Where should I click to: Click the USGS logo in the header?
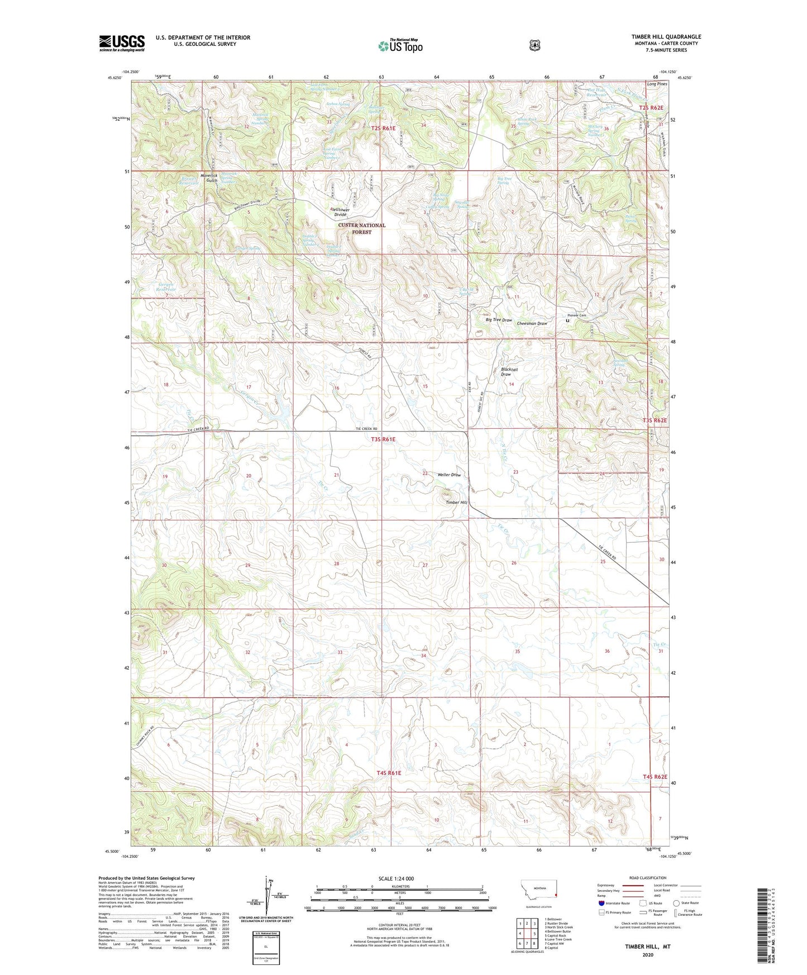[122, 43]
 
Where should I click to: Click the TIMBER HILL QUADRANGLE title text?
[666, 37]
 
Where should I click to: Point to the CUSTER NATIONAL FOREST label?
[361, 228]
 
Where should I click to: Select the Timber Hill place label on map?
[456, 502]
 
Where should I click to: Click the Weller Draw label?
[449, 475]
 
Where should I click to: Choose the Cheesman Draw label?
[532, 323]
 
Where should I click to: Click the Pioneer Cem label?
[577, 316]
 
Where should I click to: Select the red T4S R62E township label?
[655, 777]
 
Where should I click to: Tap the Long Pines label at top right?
[657, 84]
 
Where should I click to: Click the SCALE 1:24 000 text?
[396, 878]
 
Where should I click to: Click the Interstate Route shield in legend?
[601, 903]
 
